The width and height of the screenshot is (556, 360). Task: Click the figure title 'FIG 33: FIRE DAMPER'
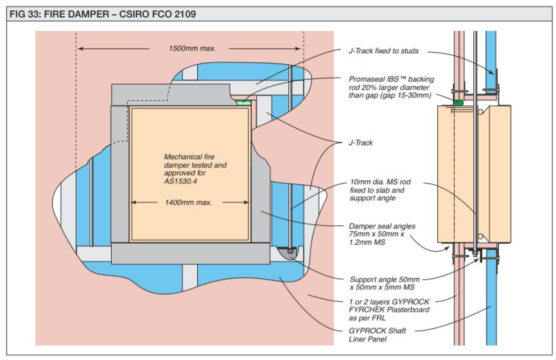tap(60, 14)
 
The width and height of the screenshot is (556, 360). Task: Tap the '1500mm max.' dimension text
tap(192, 49)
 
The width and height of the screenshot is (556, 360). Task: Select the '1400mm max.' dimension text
tap(188, 203)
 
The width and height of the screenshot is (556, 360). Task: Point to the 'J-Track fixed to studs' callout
tap(383, 51)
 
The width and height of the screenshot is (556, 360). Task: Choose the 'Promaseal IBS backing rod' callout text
tap(391, 87)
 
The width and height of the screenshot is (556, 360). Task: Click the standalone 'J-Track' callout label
tap(360, 143)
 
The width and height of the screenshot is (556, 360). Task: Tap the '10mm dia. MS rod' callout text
tap(380, 190)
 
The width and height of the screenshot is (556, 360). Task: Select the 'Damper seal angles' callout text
tap(382, 234)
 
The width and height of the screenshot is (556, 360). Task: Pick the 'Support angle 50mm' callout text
tap(385, 283)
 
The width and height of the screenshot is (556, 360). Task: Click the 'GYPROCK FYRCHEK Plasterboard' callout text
tap(389, 310)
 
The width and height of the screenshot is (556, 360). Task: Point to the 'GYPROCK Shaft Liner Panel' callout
tap(378, 335)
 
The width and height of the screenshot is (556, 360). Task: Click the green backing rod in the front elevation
tap(243, 103)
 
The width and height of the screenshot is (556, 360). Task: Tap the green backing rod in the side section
tap(458, 103)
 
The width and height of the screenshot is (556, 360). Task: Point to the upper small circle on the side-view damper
tap(480, 112)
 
